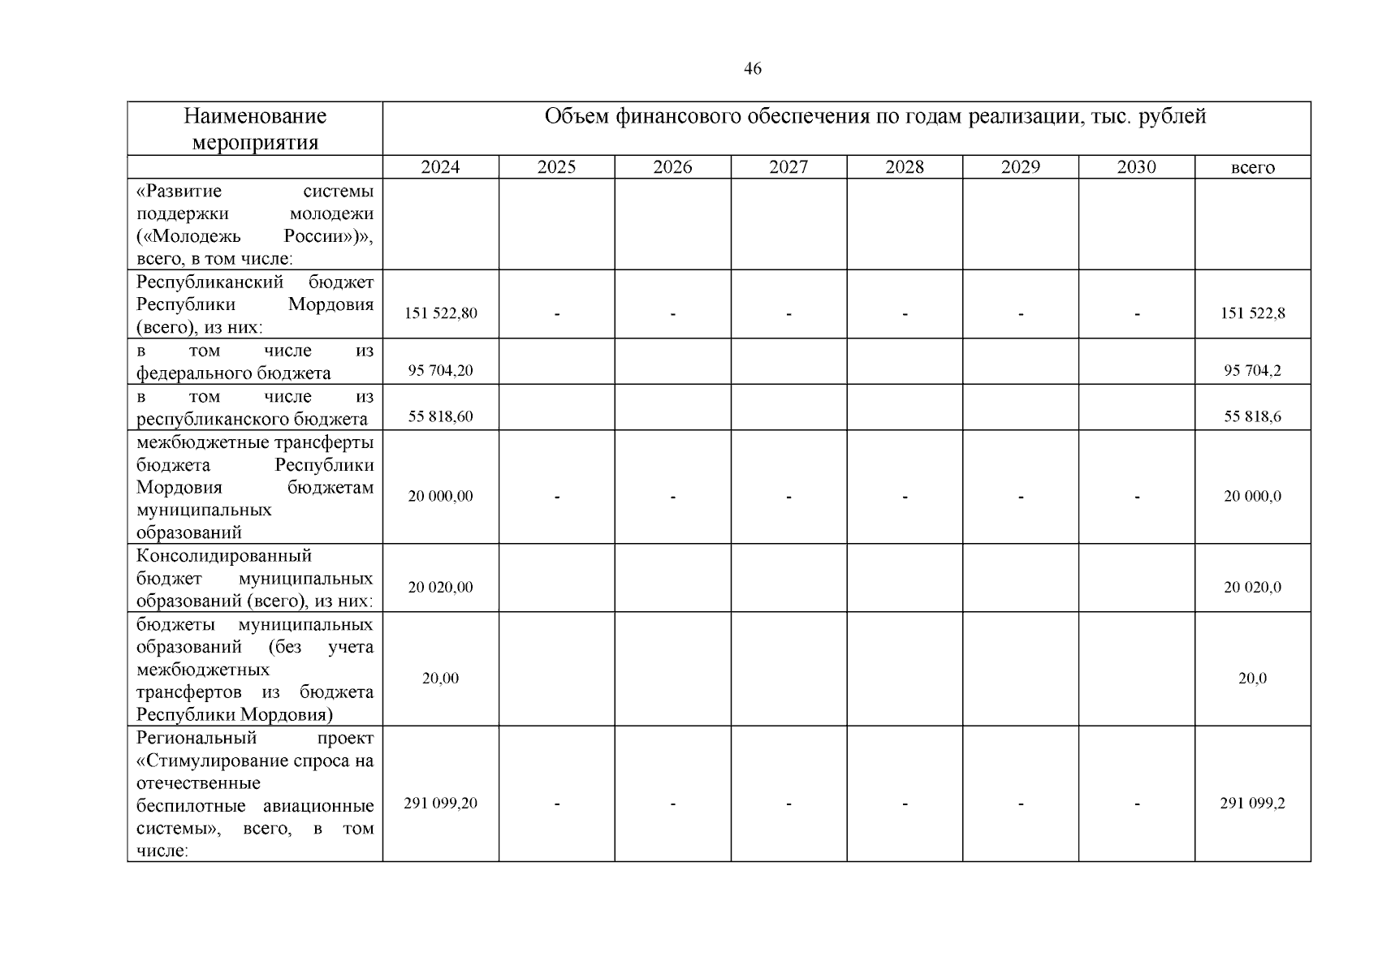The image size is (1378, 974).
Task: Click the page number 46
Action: click(x=753, y=69)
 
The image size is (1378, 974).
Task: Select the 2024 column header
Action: click(x=440, y=167)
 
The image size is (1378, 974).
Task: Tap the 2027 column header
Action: click(x=788, y=167)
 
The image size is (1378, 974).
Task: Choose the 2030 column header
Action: click(x=1136, y=167)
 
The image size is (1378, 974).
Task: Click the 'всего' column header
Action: click(x=1252, y=168)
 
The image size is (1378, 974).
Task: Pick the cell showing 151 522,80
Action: click(x=440, y=313)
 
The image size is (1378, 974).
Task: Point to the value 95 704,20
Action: click(x=440, y=371)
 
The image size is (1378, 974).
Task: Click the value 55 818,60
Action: click(x=440, y=417)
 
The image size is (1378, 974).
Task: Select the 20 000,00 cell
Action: click(x=440, y=496)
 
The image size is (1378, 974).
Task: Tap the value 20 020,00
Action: click(x=440, y=587)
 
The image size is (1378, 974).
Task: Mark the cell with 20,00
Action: click(x=440, y=679)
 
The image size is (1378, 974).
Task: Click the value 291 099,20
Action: click(x=440, y=804)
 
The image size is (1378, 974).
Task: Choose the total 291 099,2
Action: click(x=1252, y=804)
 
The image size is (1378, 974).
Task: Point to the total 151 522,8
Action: click(x=1252, y=313)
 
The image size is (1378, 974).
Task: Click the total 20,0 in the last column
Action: click(x=1252, y=679)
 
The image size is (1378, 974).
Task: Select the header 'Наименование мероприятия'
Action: click(x=255, y=129)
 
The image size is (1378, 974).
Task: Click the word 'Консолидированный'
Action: click(x=224, y=556)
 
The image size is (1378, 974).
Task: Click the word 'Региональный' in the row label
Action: click(x=197, y=738)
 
